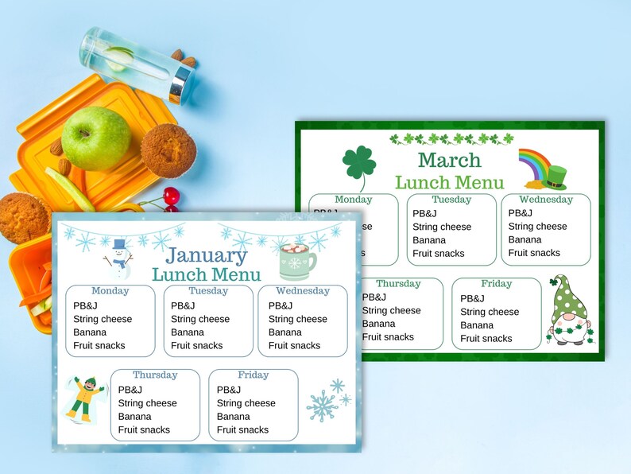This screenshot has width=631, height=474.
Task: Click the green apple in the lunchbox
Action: click(96, 138)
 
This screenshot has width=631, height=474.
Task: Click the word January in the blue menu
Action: click(207, 255)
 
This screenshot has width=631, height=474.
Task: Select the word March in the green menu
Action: click(450, 160)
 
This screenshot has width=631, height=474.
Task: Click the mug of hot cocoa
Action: click(297, 262)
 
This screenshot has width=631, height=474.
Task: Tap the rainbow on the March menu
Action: click(533, 163)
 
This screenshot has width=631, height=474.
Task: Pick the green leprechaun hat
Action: click(554, 178)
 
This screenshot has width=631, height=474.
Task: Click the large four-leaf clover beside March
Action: click(358, 165)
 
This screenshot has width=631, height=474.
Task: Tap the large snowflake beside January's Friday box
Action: click(323, 405)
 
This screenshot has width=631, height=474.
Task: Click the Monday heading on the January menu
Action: click(110, 291)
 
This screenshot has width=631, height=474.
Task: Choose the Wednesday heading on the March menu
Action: click(546, 200)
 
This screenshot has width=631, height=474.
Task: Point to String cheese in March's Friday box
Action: click(490, 312)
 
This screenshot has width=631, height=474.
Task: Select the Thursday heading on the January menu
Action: click(155, 375)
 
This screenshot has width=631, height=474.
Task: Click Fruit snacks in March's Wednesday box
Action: click(534, 253)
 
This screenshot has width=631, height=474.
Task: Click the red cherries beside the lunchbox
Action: click(170, 198)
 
